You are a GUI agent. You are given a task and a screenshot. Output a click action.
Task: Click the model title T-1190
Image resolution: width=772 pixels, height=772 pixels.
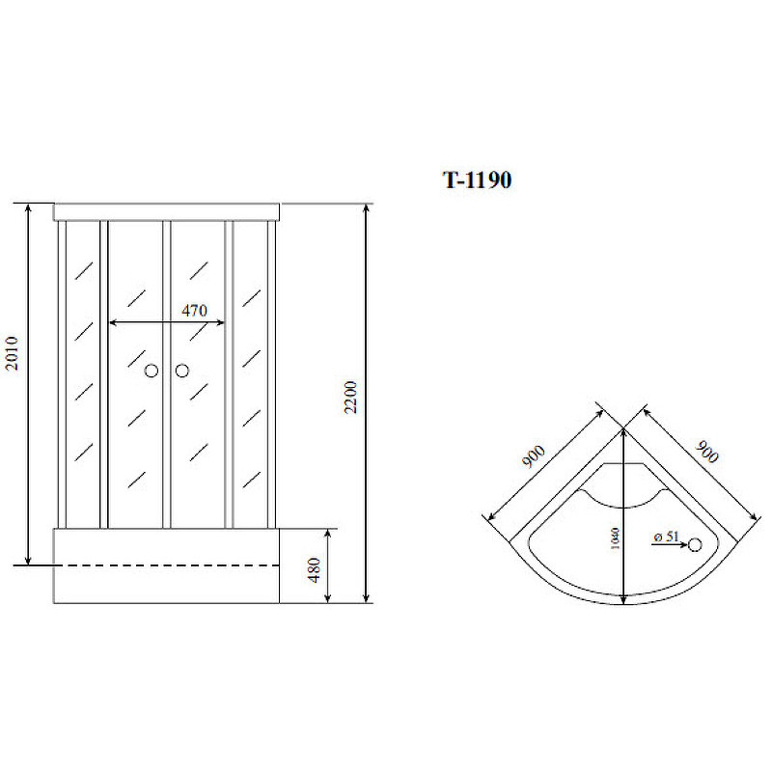coord(477,180)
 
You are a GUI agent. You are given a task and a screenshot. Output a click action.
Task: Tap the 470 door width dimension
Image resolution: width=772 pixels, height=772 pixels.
coord(194,311)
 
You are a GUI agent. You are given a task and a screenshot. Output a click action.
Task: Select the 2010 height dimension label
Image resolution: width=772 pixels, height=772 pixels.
coord(12,353)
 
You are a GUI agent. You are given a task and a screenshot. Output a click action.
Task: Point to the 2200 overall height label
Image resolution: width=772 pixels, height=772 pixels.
coord(350,398)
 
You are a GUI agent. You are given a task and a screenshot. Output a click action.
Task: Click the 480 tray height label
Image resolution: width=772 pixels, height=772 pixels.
coord(315,569)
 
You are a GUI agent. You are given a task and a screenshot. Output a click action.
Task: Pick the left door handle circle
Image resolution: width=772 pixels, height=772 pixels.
coord(152,371)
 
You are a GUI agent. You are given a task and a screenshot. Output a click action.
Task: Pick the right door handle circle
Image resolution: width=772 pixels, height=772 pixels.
coord(182,371)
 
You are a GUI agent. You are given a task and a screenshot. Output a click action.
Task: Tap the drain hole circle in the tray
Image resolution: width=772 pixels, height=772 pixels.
coord(695,544)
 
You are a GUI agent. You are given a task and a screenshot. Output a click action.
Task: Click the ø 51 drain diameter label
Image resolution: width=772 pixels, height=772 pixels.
coord(667,537)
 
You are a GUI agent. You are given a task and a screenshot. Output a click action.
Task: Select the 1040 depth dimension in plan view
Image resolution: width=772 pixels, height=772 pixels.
coord(615,538)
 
